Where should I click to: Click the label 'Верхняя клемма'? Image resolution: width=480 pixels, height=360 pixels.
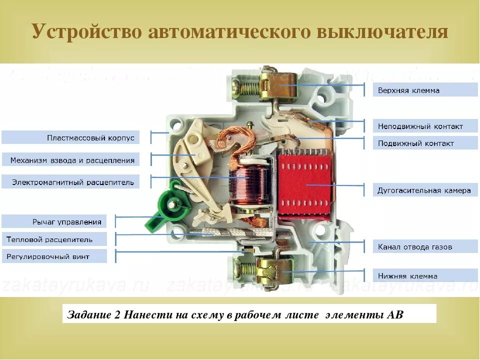point(409,90)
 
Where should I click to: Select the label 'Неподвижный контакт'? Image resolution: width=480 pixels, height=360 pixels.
point(420,126)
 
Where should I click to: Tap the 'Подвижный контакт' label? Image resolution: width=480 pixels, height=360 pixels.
point(415,143)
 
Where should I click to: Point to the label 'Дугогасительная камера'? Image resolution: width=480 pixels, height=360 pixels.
point(424,190)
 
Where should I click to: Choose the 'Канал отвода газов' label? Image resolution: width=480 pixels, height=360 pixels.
point(415,247)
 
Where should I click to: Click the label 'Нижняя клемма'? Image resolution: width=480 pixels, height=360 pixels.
point(407,276)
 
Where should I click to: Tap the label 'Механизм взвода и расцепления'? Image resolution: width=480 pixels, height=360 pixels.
point(72,160)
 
